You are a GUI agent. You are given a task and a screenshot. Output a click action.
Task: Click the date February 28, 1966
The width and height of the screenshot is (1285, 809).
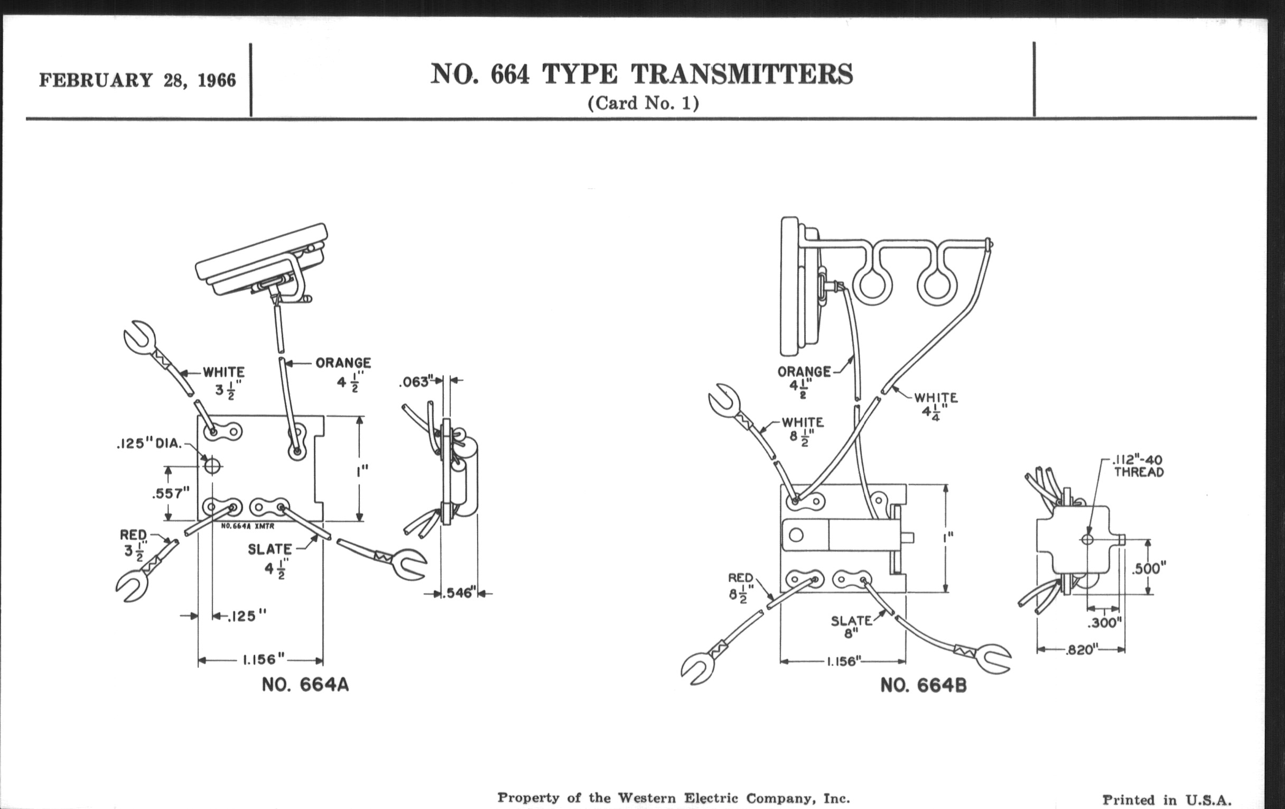coord(137,80)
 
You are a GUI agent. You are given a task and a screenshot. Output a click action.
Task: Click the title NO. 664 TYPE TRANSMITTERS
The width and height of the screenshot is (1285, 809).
coord(641,74)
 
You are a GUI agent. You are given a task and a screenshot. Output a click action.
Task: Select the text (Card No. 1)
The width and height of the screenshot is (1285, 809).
coord(643,103)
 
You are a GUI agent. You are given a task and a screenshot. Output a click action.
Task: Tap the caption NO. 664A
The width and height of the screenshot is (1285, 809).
coord(305,685)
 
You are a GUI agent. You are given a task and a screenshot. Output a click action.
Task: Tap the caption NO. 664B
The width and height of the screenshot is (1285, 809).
coord(923,685)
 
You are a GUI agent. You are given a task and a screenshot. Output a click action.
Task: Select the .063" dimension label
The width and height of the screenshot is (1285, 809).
coord(414,382)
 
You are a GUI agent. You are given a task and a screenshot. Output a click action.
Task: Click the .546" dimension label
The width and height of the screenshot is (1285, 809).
coord(459,593)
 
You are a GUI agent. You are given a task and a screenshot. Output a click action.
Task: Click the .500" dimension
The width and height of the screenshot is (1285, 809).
coord(1149,568)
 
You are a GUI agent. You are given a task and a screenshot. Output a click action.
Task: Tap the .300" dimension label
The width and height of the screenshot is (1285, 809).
coord(1105,623)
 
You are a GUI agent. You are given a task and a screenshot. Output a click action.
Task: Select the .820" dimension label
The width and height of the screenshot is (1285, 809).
coord(1081,650)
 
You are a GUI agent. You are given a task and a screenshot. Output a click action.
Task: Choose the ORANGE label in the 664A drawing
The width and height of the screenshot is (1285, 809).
coord(343,363)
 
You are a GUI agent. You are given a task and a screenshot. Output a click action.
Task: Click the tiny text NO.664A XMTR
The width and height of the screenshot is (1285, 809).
coord(248,526)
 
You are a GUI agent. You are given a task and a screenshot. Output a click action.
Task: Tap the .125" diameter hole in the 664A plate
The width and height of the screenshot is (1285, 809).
coord(212,466)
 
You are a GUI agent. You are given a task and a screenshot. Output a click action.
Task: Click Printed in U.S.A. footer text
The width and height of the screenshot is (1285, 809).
coord(1167,799)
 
